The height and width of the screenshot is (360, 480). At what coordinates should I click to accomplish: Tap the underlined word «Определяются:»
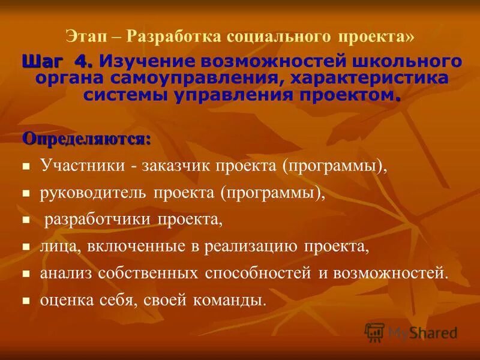[86, 139]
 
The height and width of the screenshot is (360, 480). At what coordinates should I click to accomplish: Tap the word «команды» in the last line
[234, 300]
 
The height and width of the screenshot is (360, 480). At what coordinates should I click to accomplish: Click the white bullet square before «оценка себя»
[26, 300]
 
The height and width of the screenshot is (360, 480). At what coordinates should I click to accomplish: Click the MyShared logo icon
[374, 332]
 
